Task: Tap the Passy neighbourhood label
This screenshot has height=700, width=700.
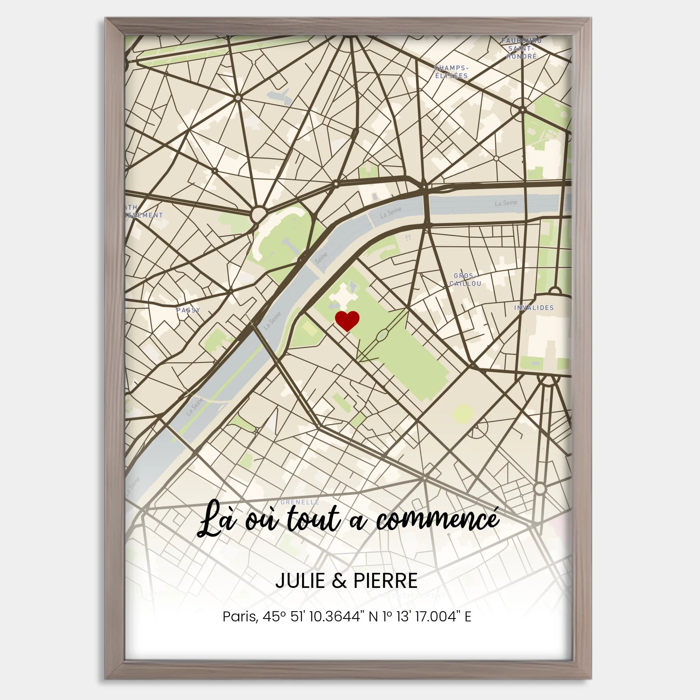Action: click(x=188, y=310)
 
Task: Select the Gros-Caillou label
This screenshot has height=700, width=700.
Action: click(x=465, y=280)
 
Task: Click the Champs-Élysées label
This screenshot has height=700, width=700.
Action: click(x=451, y=72)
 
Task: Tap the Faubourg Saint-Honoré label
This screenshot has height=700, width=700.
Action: click(x=521, y=48)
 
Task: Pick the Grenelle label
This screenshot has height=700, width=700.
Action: click(x=300, y=502)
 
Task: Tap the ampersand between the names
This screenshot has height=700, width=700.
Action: click(x=339, y=581)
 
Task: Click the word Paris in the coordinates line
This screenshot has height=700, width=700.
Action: click(x=240, y=616)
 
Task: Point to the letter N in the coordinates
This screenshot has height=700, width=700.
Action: click(x=373, y=616)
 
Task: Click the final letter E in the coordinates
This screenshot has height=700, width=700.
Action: click(x=468, y=616)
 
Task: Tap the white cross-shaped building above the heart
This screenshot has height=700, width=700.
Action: click(x=343, y=295)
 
